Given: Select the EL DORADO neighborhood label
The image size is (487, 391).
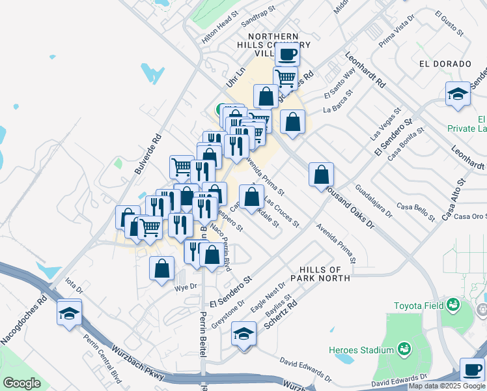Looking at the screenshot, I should coord(445,64).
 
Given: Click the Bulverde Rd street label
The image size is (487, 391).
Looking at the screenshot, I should coord(147,154).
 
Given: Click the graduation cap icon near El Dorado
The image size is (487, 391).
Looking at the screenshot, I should coord(458,94).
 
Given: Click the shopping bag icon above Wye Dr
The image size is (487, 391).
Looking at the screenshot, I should coord(162,268).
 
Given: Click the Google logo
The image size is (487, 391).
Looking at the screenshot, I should coord(21,383).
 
